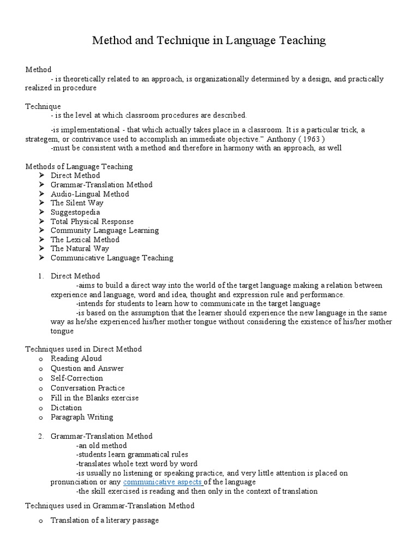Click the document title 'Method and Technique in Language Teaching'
pos(209,40)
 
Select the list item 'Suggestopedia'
pos(75,212)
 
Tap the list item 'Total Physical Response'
pos(92,221)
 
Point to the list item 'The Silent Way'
pos(77,203)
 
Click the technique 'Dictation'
pos(66,408)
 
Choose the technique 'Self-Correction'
pos(76,378)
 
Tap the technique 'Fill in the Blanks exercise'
pos(94,398)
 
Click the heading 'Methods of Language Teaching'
pos(79,166)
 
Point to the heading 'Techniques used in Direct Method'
pos(83,349)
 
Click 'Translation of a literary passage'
pos(105,520)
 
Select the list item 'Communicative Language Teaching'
pos(112,258)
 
